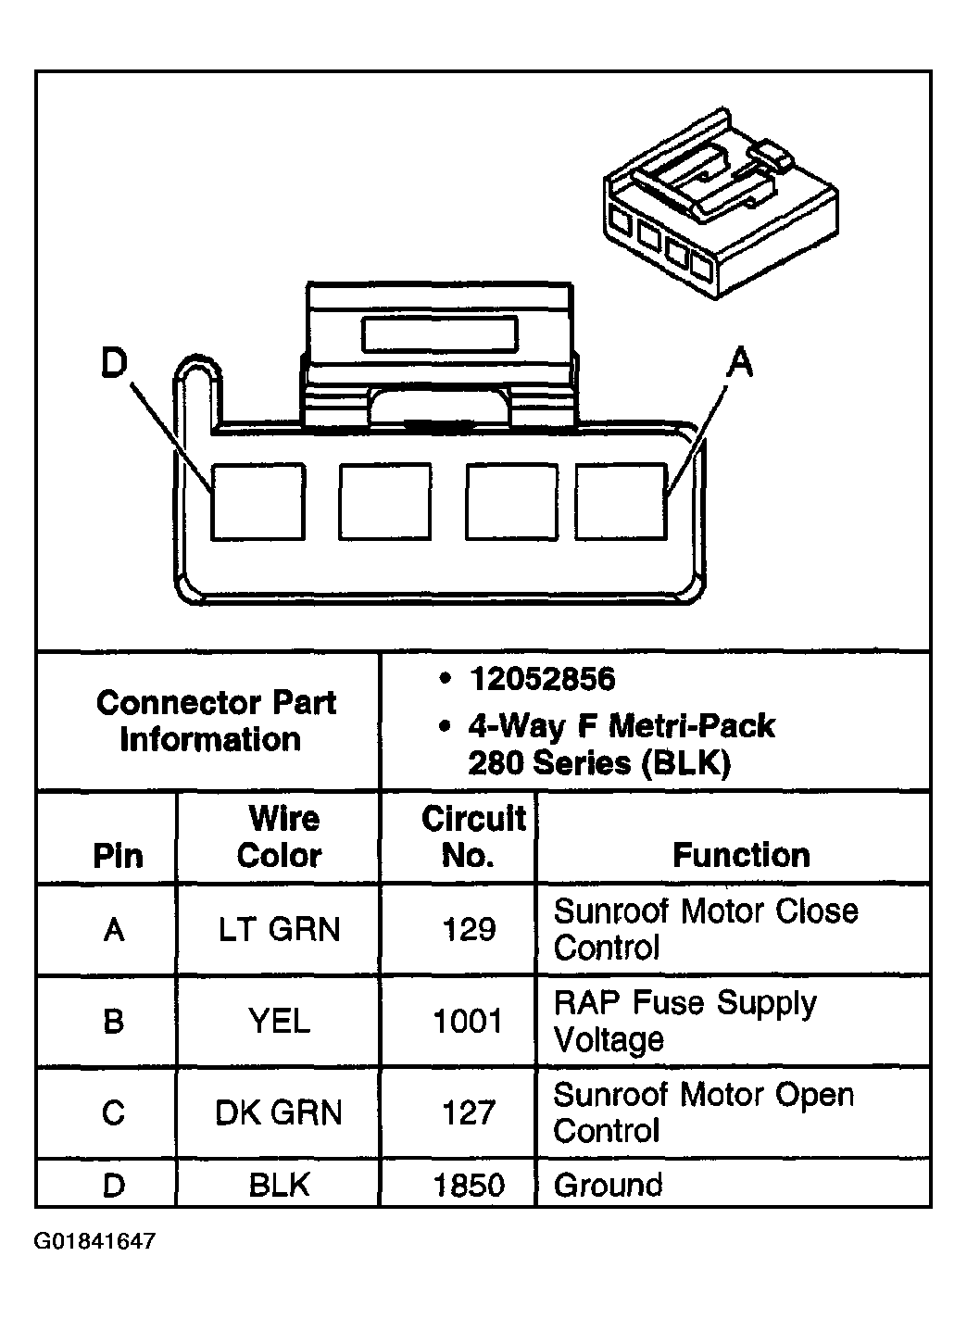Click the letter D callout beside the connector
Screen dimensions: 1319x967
pos(113,364)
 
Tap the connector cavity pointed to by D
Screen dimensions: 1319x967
pos(257,501)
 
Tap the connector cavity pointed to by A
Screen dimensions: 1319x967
pos(621,501)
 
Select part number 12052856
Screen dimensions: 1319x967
pos(542,680)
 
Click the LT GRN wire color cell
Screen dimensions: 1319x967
pos(279,929)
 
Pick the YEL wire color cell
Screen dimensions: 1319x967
pos(279,1021)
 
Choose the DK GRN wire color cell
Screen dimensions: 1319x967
pos(279,1112)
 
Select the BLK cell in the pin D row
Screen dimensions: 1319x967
pos(279,1185)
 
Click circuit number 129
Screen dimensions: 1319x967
pos(469,929)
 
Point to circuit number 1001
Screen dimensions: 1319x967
pos(469,1021)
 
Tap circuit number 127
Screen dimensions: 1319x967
pos(469,1112)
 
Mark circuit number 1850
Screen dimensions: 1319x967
pos(469,1185)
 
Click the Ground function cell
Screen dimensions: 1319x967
pos(609,1185)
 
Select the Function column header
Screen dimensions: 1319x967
pos(741,854)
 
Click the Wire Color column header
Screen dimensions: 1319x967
pos(279,837)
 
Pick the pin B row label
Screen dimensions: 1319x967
pos(113,1021)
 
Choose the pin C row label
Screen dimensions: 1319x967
pos(113,1112)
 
